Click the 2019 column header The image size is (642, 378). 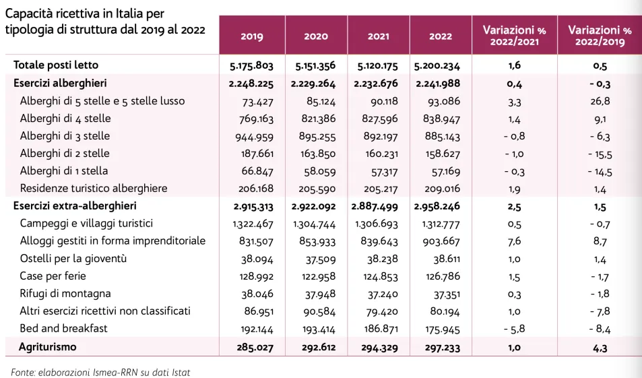pos(251,36)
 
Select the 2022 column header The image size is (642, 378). pos(441,36)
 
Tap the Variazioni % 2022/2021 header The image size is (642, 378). pos(514,36)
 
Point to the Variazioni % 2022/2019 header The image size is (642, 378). pos(600,36)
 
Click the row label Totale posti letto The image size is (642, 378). pos(56,65)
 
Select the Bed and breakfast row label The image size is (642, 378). pos(64,329)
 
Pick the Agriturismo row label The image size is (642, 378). pos(49,346)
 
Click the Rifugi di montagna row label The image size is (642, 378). pos(65,294)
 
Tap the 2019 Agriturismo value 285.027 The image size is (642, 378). pos(251,347)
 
